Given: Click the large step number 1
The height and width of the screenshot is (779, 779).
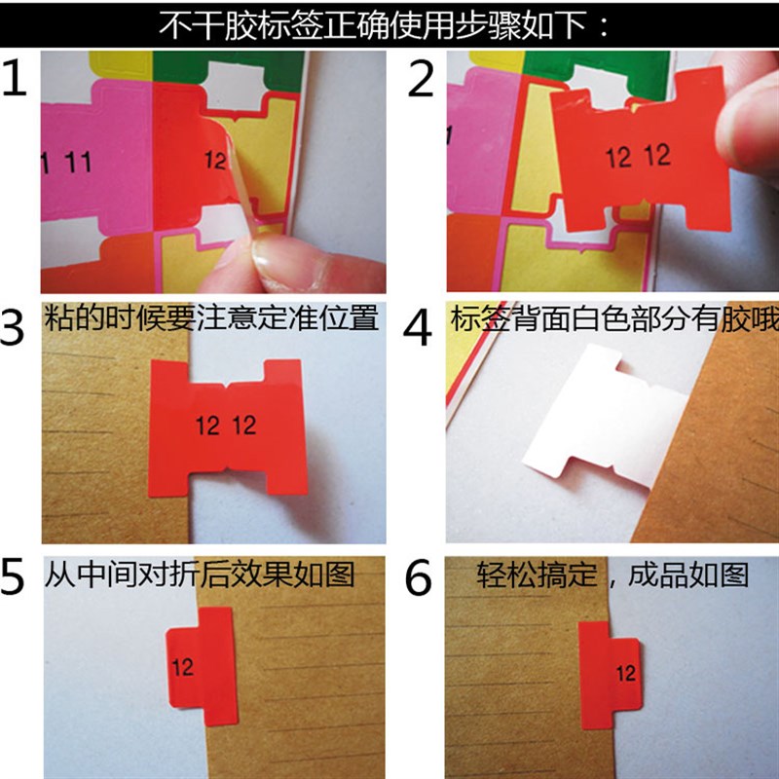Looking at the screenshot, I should click(x=18, y=80).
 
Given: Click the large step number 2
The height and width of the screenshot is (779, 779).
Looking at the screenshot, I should click(x=421, y=80).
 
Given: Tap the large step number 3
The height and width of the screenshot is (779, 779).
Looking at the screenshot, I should click(x=18, y=329).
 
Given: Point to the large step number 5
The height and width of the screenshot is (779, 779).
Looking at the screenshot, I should click(x=18, y=576).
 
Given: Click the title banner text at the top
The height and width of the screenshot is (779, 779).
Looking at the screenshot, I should click(x=389, y=22).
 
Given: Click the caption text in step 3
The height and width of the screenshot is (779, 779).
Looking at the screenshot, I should click(x=212, y=318).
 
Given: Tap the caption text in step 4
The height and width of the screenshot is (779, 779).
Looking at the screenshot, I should click(x=613, y=319).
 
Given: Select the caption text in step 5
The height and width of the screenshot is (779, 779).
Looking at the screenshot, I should click(x=200, y=575).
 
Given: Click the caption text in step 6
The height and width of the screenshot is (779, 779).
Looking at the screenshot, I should click(x=612, y=575).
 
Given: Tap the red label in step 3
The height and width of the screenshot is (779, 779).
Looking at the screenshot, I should click(x=229, y=426).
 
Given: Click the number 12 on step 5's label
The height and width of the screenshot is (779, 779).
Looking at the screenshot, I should click(x=182, y=667).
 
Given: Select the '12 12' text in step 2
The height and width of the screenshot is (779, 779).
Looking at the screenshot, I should click(x=638, y=156).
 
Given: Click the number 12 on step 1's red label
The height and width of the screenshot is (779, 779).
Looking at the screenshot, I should click(x=216, y=160).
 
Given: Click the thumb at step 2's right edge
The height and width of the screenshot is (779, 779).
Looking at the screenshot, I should click(x=755, y=117).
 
